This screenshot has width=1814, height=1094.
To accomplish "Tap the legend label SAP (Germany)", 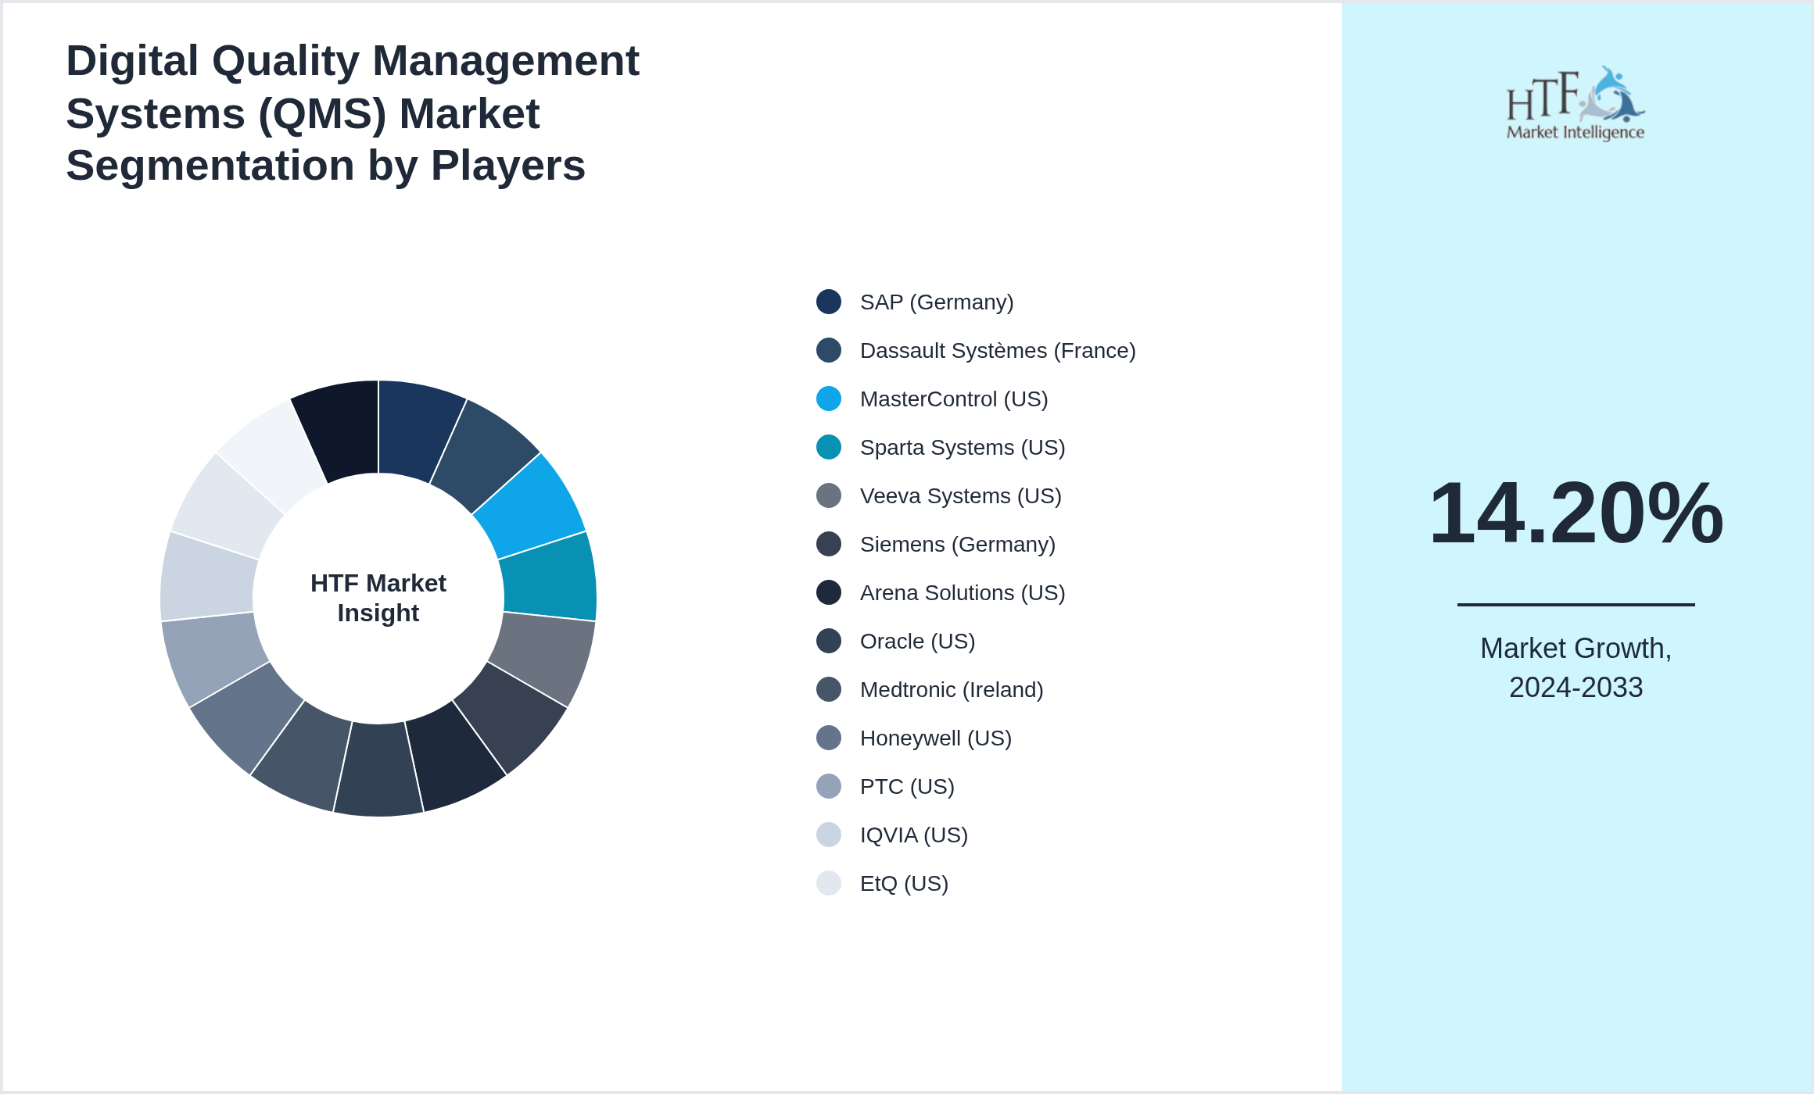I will (x=936, y=302).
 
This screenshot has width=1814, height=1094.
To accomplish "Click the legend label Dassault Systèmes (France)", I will (x=997, y=351).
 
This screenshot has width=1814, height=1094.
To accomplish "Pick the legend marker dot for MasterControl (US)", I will (x=828, y=399).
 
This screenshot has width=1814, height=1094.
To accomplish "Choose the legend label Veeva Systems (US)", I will (x=960, y=496).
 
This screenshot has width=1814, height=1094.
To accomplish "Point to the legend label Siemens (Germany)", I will (x=957, y=545).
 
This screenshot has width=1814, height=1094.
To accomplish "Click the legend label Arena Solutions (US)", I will (x=962, y=593).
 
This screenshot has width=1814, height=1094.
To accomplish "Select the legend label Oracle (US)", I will (x=917, y=642).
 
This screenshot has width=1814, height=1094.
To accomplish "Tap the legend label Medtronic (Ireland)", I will (x=951, y=690).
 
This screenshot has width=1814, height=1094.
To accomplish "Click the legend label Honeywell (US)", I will (x=935, y=738).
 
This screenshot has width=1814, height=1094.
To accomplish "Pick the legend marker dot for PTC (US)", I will (x=828, y=786).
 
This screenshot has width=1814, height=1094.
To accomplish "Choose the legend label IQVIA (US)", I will (x=913, y=835).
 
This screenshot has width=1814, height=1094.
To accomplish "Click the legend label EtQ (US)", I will (x=904, y=884).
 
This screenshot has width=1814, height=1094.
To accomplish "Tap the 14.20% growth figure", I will (x=1576, y=513).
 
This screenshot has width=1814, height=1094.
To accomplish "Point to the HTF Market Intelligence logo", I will (x=1575, y=104).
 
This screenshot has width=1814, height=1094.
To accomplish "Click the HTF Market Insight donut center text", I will (x=378, y=598).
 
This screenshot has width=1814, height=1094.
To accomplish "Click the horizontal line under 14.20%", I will (x=1576, y=604).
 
